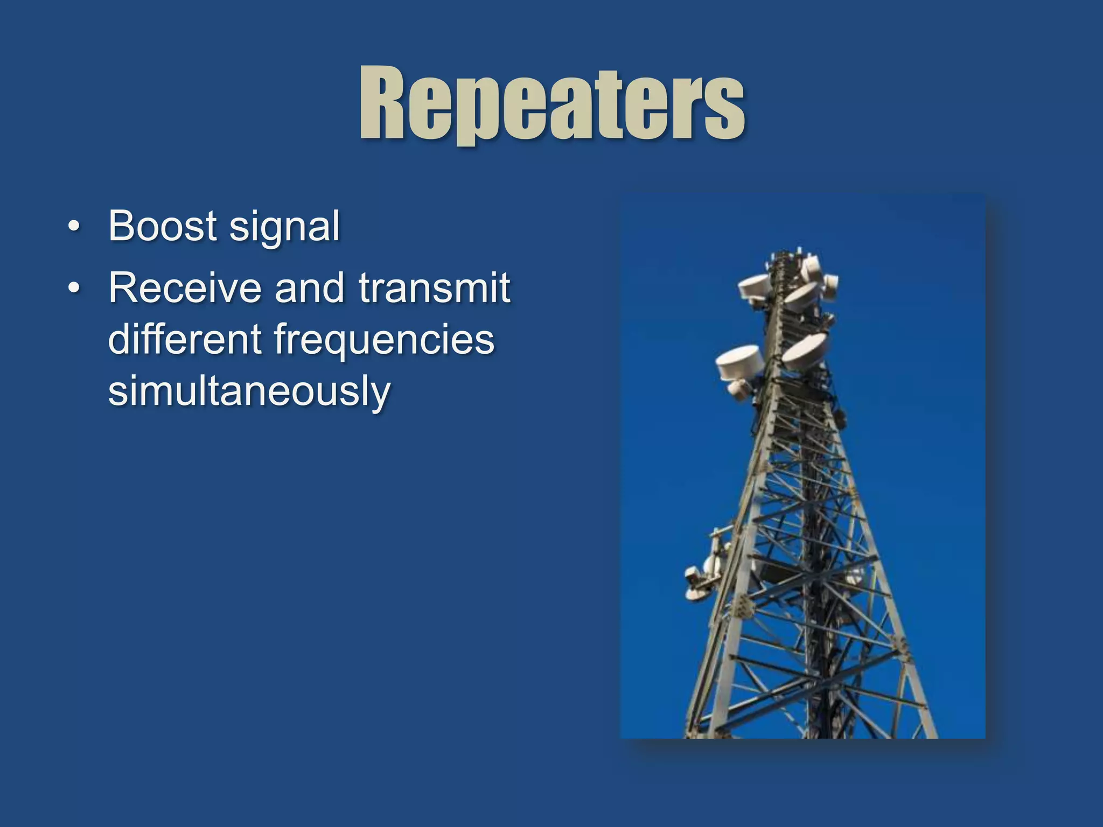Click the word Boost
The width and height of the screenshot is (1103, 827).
163,226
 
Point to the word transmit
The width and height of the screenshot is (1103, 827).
434,288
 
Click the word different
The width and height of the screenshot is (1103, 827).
185,339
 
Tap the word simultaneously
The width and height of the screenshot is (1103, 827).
249,391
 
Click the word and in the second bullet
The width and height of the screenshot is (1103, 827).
309,288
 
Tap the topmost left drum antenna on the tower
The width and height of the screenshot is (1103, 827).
754,286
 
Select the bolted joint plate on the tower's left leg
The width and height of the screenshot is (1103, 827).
742,607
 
